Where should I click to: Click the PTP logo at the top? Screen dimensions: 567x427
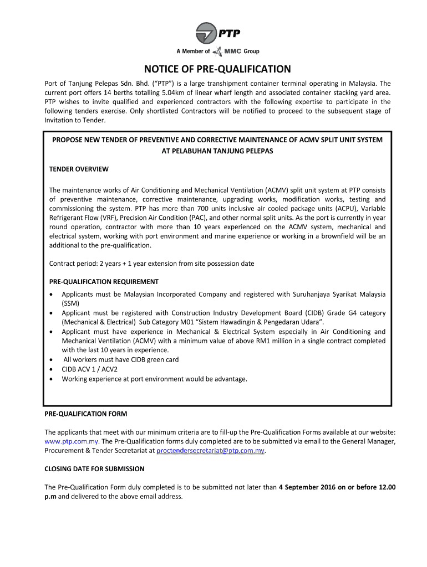click(x=217, y=35)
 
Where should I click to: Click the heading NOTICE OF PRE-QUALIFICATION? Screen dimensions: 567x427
click(x=217, y=69)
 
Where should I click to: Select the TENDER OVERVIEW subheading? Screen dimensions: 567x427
click(x=79, y=169)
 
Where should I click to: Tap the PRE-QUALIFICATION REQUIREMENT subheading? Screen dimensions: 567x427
click(x=104, y=281)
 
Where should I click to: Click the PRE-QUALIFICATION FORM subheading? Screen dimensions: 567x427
click(x=85, y=414)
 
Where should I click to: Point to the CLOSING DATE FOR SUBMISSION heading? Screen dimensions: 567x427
click(x=94, y=468)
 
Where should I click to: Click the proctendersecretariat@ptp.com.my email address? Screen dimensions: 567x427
click(x=211, y=451)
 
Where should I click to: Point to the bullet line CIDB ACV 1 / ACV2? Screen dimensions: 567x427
click(x=89, y=369)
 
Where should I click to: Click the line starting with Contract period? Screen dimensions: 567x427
click(x=151, y=264)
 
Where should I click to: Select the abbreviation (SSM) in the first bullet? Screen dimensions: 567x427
click(x=70, y=303)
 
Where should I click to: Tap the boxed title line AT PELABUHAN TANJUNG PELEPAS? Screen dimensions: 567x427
click(x=217, y=151)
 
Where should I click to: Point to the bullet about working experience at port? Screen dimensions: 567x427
click(x=154, y=379)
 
